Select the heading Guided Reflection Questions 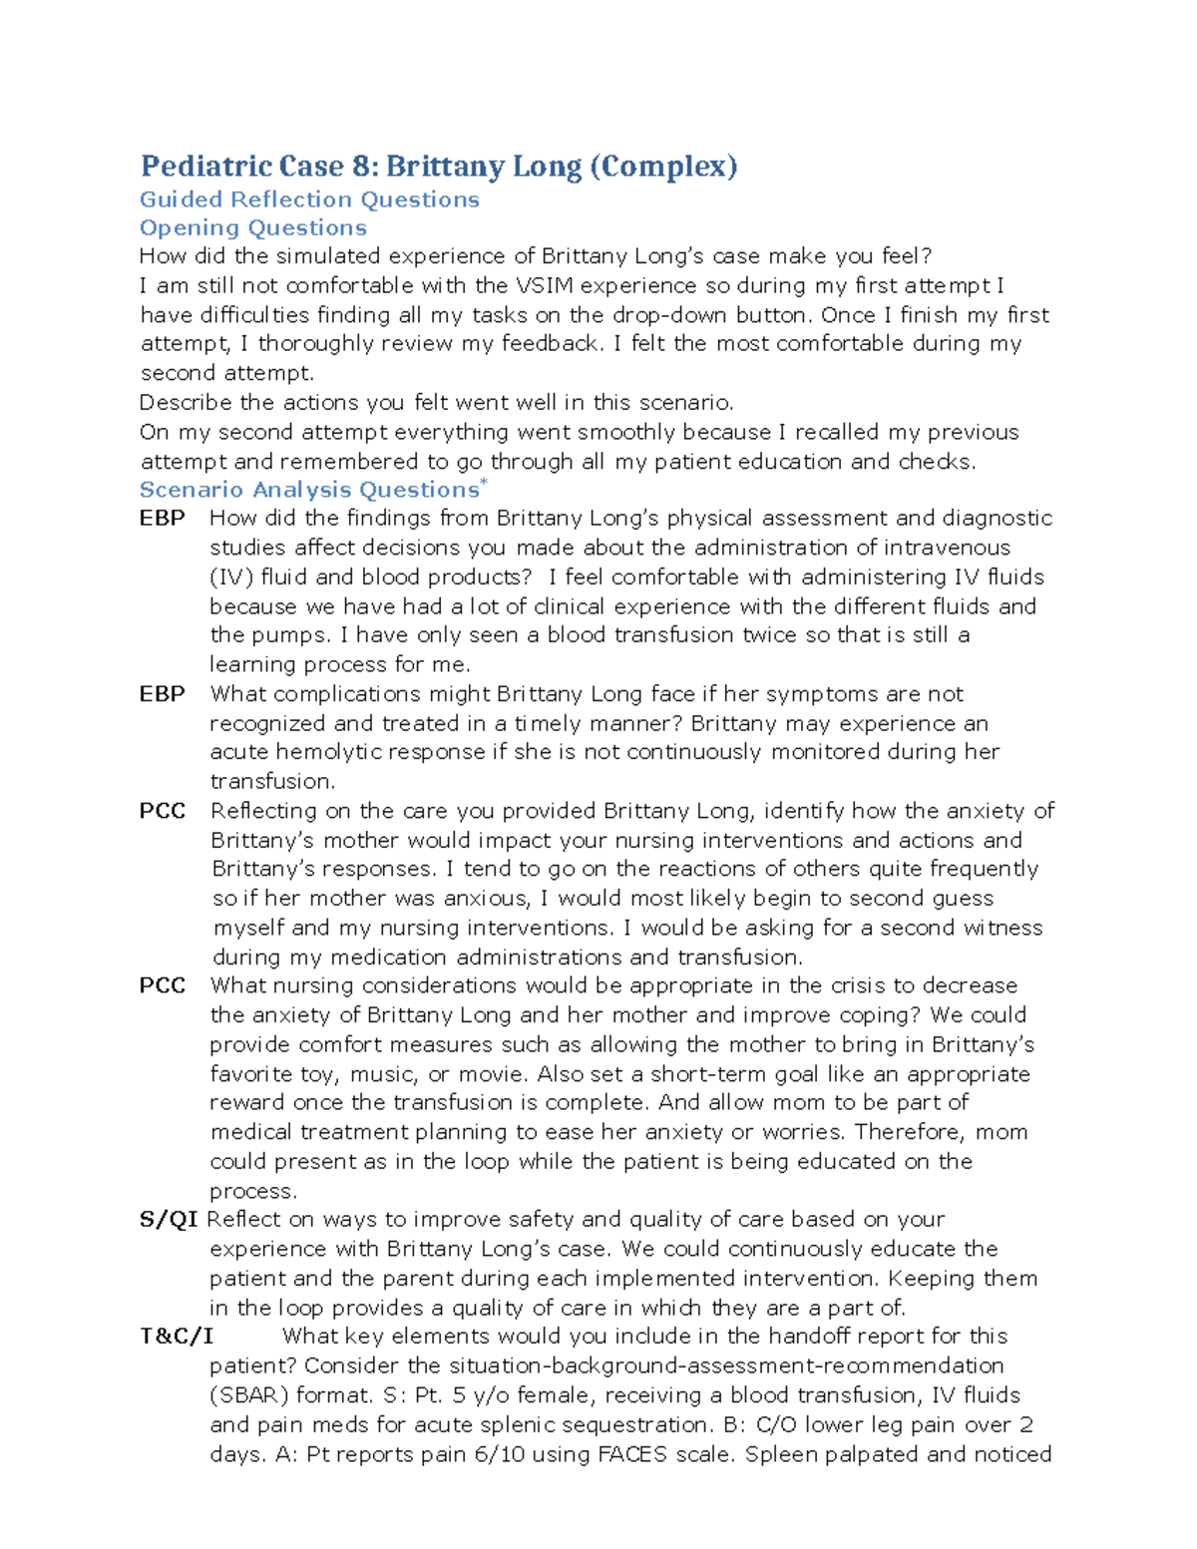[x=309, y=199]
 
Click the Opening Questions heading [x=253, y=228]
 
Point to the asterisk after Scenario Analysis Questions [x=484, y=483]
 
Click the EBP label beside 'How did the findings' [x=162, y=519]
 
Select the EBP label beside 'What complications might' [x=162, y=694]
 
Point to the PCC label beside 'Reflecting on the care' [x=162, y=811]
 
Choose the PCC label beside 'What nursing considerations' [x=162, y=985]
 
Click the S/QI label [x=168, y=1220]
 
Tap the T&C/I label [x=177, y=1337]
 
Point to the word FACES [x=632, y=1454]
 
